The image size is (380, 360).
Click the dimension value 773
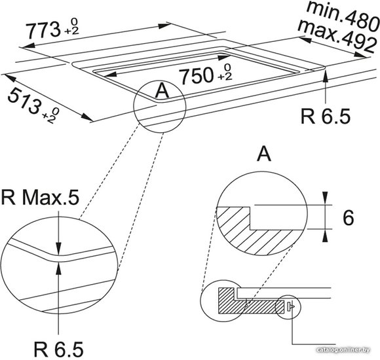pyautogui.click(x=44, y=29)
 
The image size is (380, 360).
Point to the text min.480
pyautogui.click(x=343, y=15)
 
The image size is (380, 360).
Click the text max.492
pyautogui.click(x=337, y=36)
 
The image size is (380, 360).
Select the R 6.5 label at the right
pyautogui.click(x=325, y=117)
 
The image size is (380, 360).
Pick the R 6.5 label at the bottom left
pyautogui.click(x=58, y=349)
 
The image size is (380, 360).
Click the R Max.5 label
pyautogui.click(x=40, y=198)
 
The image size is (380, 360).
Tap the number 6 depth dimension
pyautogui.click(x=349, y=218)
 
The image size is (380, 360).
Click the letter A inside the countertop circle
pyautogui.click(x=162, y=90)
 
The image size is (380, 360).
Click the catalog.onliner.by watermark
pyautogui.click(x=343, y=350)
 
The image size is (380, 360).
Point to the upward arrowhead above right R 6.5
pyautogui.click(x=326, y=75)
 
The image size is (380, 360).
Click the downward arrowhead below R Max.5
pyautogui.click(x=58, y=248)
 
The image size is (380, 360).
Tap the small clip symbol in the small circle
pyautogui.click(x=290, y=306)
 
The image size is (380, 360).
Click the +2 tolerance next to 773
pyautogui.click(x=71, y=31)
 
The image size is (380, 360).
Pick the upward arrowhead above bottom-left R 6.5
pyautogui.click(x=58, y=268)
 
